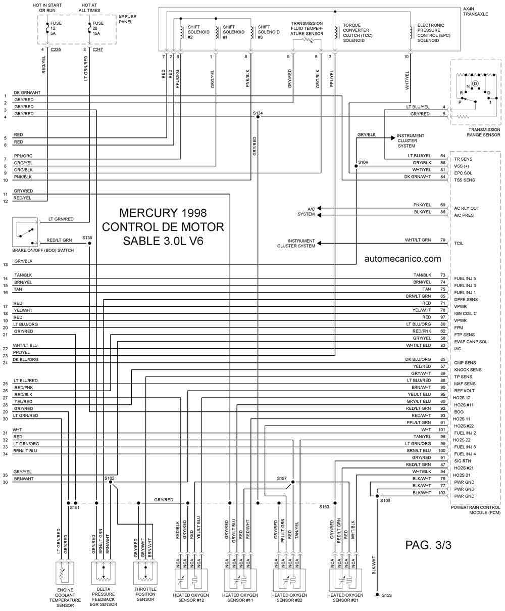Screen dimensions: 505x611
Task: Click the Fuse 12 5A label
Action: (x=56, y=28)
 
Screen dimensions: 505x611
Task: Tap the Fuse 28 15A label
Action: (x=98, y=28)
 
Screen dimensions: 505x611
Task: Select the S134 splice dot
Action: (x=258, y=117)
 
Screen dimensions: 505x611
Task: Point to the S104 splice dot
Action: (x=356, y=166)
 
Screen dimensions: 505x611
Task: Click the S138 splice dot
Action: (x=89, y=243)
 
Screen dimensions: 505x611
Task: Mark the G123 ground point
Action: (x=377, y=595)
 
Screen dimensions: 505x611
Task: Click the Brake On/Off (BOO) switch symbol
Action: (x=25, y=232)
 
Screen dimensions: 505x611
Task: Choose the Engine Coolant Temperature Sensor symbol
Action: (x=65, y=574)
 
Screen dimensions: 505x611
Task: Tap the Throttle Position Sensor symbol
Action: (x=145, y=573)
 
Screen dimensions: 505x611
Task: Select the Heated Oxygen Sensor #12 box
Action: (x=191, y=580)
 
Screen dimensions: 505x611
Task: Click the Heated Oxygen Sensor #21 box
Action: (x=345, y=580)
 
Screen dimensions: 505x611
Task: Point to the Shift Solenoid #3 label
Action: (x=269, y=32)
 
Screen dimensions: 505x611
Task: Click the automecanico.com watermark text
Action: (x=402, y=259)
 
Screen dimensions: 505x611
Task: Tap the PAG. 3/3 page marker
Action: (x=428, y=545)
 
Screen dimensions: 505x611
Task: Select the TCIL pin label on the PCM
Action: (x=459, y=244)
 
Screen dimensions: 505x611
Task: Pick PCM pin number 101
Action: (x=441, y=430)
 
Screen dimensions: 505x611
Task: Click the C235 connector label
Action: (x=56, y=50)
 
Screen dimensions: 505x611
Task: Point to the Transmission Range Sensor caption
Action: (x=483, y=132)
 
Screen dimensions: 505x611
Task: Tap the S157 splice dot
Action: (x=293, y=482)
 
